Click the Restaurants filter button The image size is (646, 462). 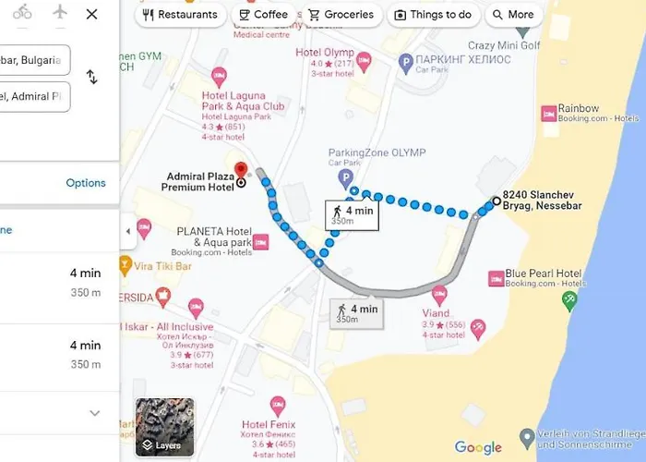tap(181, 15)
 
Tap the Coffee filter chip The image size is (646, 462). tap(263, 15)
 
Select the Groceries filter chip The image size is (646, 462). tap(341, 15)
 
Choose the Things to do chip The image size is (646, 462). tap(433, 15)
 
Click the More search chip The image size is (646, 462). tap(513, 15)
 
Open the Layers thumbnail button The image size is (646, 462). tap(165, 428)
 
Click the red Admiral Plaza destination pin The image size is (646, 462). tap(242, 171)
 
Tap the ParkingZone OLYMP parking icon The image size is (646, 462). tap(346, 176)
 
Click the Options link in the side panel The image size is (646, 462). tap(86, 183)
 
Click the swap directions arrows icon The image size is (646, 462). tap(91, 77)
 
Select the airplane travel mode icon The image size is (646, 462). tap(61, 13)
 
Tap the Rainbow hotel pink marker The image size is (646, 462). tap(546, 113)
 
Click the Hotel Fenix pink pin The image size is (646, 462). tap(278, 404)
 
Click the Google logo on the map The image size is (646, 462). tap(478, 448)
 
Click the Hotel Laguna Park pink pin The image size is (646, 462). tap(219, 75)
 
